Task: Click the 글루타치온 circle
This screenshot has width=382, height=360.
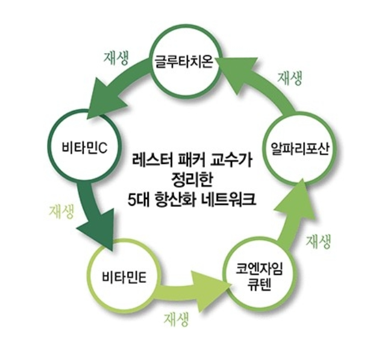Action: pos(183,61)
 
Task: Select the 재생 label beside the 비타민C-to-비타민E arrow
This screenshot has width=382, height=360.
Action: pos(61,212)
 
